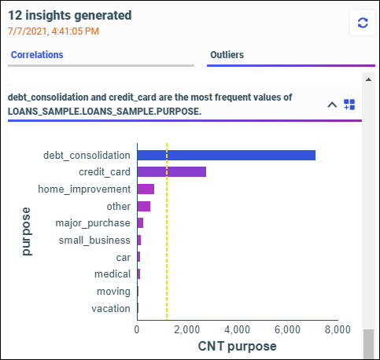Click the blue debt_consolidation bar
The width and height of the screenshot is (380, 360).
pyautogui.click(x=227, y=156)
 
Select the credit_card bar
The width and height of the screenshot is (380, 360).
pyautogui.click(x=172, y=172)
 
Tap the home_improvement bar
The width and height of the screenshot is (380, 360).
pyautogui.click(x=146, y=189)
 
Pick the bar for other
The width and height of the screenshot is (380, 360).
pyautogui.click(x=144, y=207)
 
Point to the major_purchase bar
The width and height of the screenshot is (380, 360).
pyautogui.click(x=140, y=223)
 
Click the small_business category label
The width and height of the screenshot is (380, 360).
pyautogui.click(x=94, y=241)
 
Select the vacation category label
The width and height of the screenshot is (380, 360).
pyautogui.click(x=111, y=309)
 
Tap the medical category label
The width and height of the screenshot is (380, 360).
pyautogui.click(x=113, y=274)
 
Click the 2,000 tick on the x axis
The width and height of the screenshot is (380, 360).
pyautogui.click(x=187, y=329)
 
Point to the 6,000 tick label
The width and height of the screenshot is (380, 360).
pyautogui.click(x=287, y=329)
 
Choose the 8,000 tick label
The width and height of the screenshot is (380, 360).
pyautogui.click(x=338, y=329)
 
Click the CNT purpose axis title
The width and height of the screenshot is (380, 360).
pyautogui.click(x=237, y=347)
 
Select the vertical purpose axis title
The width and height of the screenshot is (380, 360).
pyautogui.click(x=27, y=232)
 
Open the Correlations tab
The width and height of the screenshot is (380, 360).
pyautogui.click(x=37, y=55)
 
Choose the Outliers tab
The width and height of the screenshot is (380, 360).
pyautogui.click(x=227, y=55)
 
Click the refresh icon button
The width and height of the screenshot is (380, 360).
pyautogui.click(x=363, y=23)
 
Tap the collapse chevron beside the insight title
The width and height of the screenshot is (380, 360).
pyautogui.click(x=332, y=105)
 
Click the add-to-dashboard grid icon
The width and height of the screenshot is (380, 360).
pyautogui.click(x=349, y=105)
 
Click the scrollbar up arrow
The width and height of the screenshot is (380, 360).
pyautogui.click(x=368, y=79)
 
